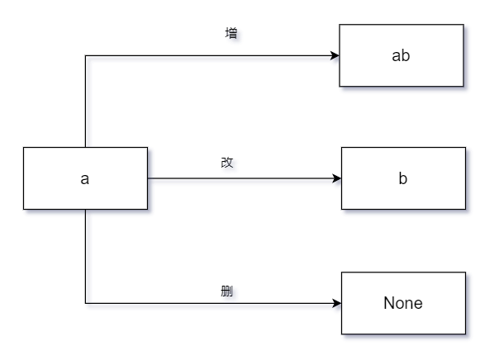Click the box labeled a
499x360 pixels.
pyautogui.click(x=85, y=178)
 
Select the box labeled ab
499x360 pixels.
pyautogui.click(x=402, y=55)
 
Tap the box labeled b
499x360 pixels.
pyautogui.click(x=403, y=178)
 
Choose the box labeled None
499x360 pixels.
pyautogui.click(x=403, y=303)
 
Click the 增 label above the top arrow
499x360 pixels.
pyautogui.click(x=231, y=33)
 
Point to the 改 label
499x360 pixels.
pyautogui.click(x=227, y=163)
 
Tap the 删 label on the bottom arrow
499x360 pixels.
pyautogui.click(x=227, y=291)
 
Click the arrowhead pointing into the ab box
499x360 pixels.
pyautogui.click(x=335, y=55)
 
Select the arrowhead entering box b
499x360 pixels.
pyautogui.click(x=337, y=178)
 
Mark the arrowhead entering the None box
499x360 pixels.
pyautogui.click(x=337, y=303)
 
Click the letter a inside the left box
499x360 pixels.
pyautogui.click(x=84, y=179)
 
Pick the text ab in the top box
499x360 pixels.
pyautogui.click(x=401, y=55)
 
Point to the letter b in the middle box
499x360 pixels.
pyautogui.click(x=403, y=178)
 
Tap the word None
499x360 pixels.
pyautogui.click(x=403, y=303)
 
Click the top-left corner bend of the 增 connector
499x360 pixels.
pyautogui.click(x=85, y=55)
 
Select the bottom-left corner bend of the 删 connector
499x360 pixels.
pyautogui.click(x=85, y=303)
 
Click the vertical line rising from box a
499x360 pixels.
pyautogui.click(x=85, y=102)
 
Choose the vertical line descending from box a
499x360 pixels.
pyautogui.click(x=85, y=256)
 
